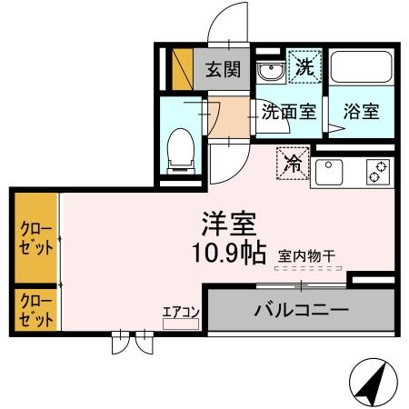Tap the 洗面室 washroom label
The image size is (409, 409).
point(288,112)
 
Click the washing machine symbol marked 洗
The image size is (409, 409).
point(304,66)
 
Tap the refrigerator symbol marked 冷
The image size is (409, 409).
point(294,164)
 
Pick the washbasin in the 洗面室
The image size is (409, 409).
point(269,70)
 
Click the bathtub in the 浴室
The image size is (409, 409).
point(361,68)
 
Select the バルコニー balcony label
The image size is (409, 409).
point(301,311)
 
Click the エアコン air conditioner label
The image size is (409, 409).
point(181,312)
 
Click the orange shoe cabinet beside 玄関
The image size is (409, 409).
point(183,68)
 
